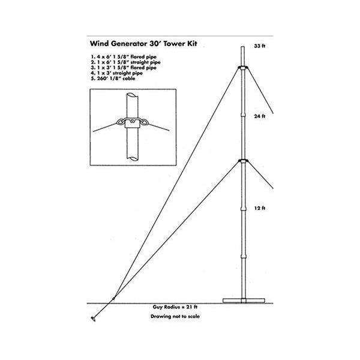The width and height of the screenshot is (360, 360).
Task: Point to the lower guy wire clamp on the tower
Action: [x=242, y=161]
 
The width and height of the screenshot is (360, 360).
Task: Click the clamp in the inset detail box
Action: [x=134, y=121]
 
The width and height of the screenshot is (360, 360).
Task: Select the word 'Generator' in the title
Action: [x=131, y=43]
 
